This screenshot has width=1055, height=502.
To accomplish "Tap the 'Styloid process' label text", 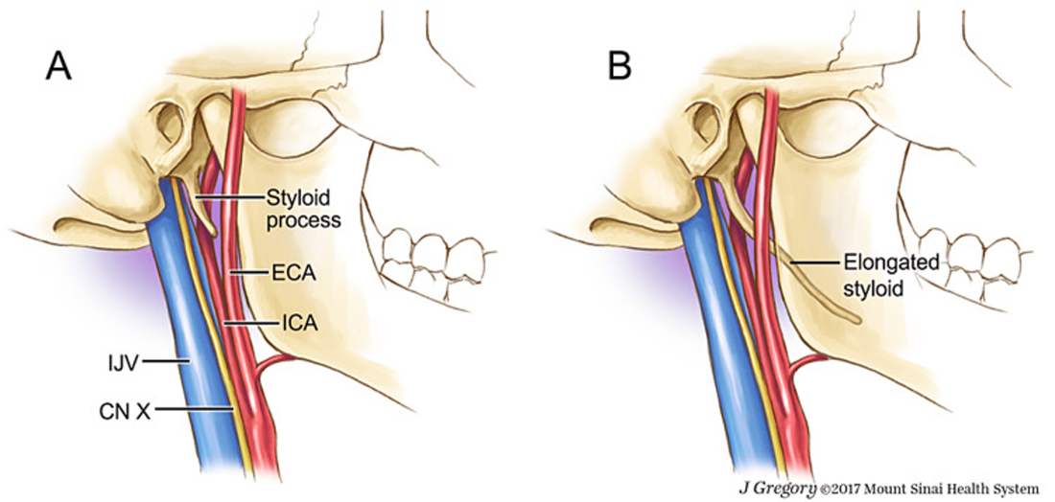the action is pos(301,209).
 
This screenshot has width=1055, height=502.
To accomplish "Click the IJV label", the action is pos(126,362).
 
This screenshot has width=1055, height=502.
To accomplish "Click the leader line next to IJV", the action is pos(166,362).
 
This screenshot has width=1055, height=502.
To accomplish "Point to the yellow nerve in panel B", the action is pos(747,336).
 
